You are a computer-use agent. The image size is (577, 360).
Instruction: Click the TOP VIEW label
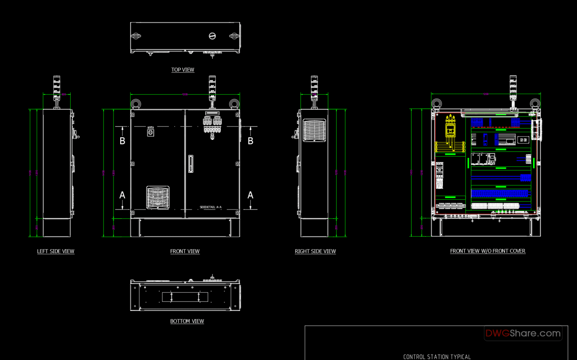(x=183, y=70)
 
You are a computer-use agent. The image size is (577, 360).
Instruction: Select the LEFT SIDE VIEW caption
(x=56, y=251)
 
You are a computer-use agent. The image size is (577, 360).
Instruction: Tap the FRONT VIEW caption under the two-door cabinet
(x=185, y=251)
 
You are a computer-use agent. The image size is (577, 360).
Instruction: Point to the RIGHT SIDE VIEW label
(x=315, y=251)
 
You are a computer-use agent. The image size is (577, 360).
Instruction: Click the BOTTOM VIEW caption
(x=187, y=321)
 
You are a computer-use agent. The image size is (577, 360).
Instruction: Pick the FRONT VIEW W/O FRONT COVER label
(x=488, y=251)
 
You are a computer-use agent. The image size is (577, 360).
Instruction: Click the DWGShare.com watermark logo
(x=523, y=333)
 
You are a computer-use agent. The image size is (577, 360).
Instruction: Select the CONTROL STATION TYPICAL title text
(x=437, y=357)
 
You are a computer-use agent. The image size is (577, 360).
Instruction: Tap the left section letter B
(x=122, y=141)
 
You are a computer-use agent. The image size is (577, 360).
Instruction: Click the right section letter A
(x=250, y=195)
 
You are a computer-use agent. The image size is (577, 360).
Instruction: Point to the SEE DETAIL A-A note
(x=210, y=207)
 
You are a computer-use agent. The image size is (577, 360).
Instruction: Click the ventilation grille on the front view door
(x=158, y=197)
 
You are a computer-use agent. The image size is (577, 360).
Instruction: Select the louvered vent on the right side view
(x=314, y=130)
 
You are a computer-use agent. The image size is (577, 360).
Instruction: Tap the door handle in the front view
(x=191, y=164)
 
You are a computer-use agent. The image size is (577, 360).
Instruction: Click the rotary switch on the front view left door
(x=150, y=132)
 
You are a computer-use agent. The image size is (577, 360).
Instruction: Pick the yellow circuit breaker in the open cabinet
(x=450, y=128)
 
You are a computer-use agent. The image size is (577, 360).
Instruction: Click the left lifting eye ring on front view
(x=136, y=104)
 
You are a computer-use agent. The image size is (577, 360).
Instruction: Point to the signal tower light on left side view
(x=56, y=87)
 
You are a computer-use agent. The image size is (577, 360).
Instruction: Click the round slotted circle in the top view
(x=212, y=36)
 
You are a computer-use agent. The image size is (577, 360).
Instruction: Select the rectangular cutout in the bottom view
(x=185, y=297)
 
